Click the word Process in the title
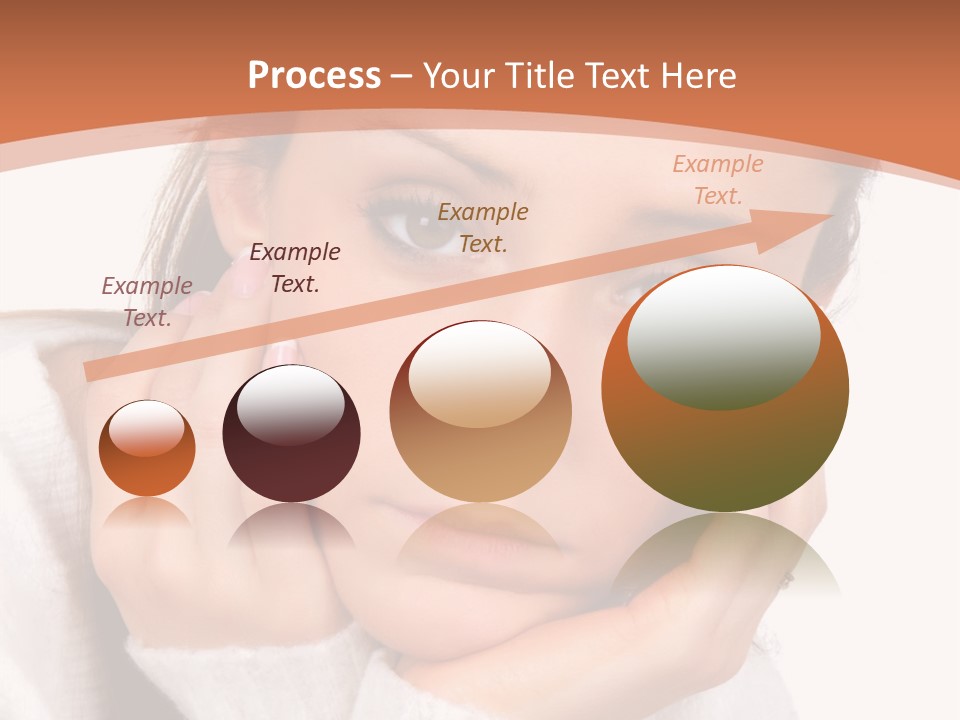(314, 76)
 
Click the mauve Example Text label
(147, 301)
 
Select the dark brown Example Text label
(295, 267)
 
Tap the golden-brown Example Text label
(483, 227)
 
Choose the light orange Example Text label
(718, 179)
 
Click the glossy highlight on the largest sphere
(723, 337)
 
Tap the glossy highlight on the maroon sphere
(290, 404)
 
